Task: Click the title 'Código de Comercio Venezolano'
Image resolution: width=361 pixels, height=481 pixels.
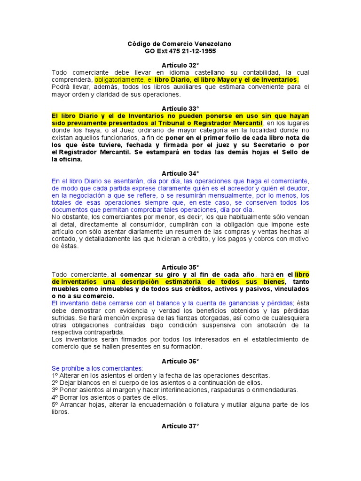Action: coord(180,44)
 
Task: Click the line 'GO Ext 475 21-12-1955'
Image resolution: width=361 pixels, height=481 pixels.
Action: coord(180,51)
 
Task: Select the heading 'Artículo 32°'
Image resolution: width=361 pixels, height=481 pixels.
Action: coord(180,65)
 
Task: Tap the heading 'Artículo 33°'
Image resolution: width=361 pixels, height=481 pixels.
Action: coord(180,109)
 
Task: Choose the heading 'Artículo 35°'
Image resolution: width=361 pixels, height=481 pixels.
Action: coord(180,267)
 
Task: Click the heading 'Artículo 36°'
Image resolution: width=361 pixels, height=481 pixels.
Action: coord(180,361)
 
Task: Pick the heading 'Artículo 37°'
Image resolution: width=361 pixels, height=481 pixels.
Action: coord(180,426)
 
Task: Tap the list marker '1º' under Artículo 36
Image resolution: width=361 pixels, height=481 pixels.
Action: coord(55,376)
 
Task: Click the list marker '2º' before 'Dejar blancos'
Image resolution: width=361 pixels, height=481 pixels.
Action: coord(55,383)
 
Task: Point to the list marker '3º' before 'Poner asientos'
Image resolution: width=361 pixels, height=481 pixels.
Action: coord(55,390)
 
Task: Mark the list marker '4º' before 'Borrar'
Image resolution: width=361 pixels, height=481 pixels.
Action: coord(55,397)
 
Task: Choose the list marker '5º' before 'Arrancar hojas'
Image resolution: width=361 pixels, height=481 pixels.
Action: coord(55,404)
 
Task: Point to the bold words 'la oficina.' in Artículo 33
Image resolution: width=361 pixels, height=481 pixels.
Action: coord(67,159)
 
